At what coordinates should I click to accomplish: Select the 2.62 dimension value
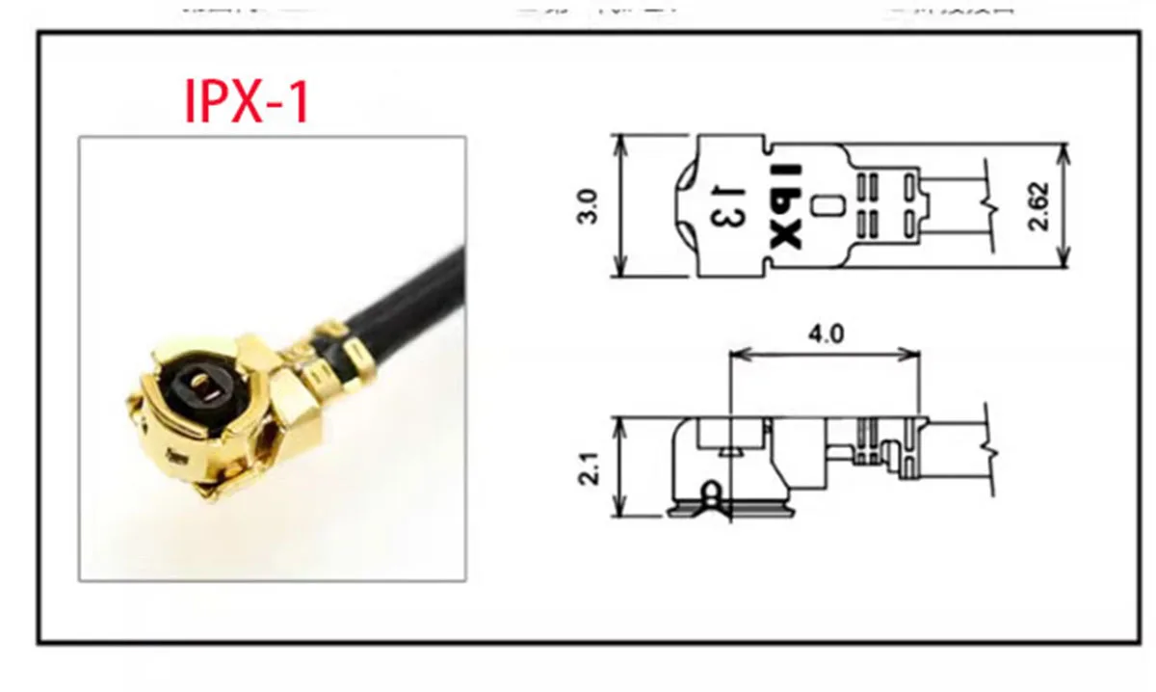(x=1038, y=206)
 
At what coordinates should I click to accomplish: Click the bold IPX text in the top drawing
(x=787, y=206)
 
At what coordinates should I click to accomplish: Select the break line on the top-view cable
(x=986, y=205)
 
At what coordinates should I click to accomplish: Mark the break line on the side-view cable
(x=989, y=449)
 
